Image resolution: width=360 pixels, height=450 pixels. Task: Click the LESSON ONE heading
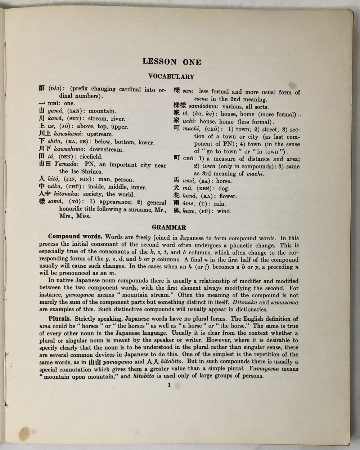tap(172, 62)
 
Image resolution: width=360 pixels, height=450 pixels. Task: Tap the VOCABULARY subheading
tap(171, 77)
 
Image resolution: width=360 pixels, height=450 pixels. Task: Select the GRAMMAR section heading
tap(169, 227)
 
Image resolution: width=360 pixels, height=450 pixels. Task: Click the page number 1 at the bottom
tap(169, 385)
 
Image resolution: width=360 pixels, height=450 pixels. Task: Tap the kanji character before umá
tap(176, 181)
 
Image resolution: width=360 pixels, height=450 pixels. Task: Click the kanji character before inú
tap(176, 188)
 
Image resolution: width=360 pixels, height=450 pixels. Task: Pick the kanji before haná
tap(176, 196)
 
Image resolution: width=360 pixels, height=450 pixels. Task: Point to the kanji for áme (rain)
tap(176, 203)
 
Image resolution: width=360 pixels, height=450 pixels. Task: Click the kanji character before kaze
tap(176, 211)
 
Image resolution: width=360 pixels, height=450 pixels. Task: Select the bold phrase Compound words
tap(75, 237)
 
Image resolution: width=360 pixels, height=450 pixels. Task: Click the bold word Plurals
tap(60, 318)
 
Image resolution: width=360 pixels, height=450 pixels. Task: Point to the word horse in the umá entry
tap(224, 181)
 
